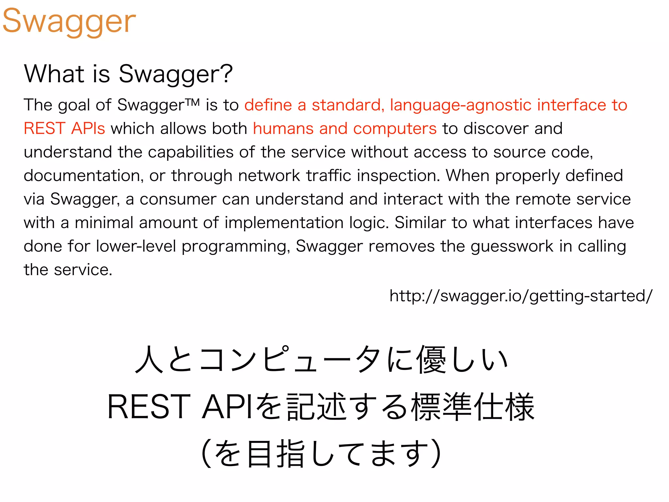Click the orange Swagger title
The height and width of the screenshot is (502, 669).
(69, 21)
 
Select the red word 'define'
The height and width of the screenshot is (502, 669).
(268, 105)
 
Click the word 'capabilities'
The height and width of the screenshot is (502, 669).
(190, 152)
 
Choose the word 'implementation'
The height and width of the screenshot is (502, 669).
(284, 223)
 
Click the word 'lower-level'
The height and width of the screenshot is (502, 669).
(136, 246)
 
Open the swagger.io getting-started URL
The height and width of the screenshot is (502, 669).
(521, 296)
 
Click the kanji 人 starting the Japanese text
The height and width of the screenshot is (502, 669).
(149, 360)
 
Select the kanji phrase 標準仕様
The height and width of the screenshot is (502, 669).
(473, 407)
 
